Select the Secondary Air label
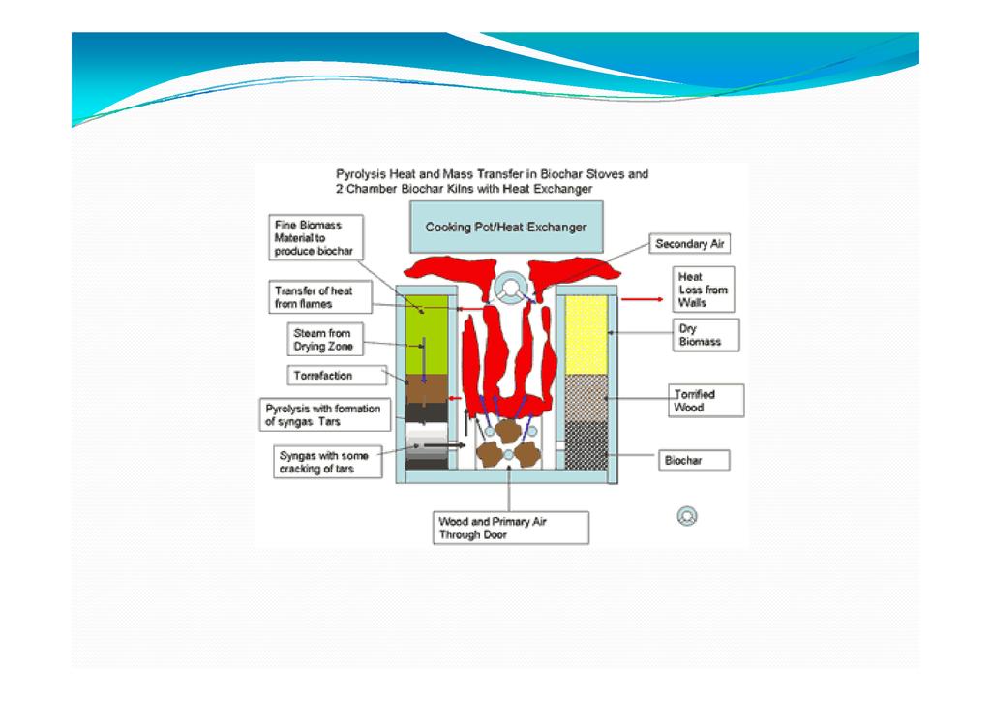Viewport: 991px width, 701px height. point(689,245)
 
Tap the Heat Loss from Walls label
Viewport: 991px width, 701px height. point(703,290)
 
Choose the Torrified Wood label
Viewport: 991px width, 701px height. point(706,401)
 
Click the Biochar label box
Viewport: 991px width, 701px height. point(694,462)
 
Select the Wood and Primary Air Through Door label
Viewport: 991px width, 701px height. point(510,528)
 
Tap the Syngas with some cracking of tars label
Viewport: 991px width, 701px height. point(326,463)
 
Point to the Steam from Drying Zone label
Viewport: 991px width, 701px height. point(322,340)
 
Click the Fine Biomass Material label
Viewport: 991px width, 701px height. point(314,237)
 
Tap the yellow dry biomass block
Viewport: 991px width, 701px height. point(586,335)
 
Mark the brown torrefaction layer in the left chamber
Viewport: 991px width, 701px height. point(427,390)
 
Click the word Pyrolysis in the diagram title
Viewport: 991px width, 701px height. point(362,175)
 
